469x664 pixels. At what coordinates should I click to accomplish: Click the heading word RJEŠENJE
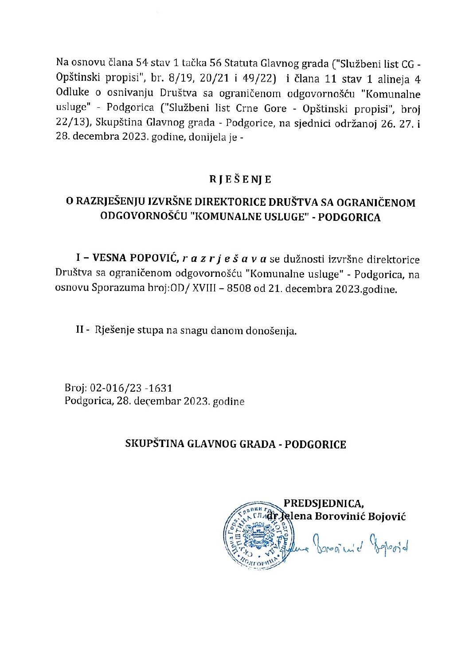240,179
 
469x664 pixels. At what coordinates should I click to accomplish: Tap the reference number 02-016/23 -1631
131,388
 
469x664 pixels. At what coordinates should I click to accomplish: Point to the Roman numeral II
81,330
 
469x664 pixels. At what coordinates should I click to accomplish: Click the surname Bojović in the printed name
386,516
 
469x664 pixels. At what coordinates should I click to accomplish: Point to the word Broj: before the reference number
75,388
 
